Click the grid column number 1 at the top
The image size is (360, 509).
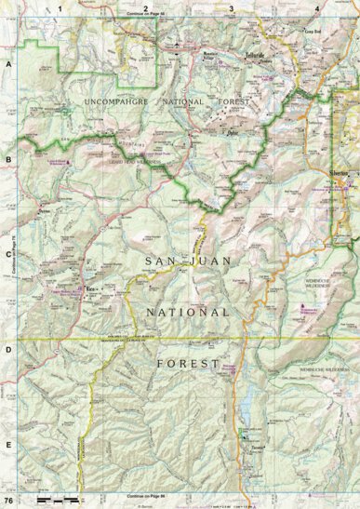click(59, 7)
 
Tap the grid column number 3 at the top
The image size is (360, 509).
click(231, 7)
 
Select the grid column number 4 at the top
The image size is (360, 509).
click(316, 7)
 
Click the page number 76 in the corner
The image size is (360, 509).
click(8, 502)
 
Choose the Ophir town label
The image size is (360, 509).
click(234, 132)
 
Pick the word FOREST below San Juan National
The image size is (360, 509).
click(188, 361)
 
